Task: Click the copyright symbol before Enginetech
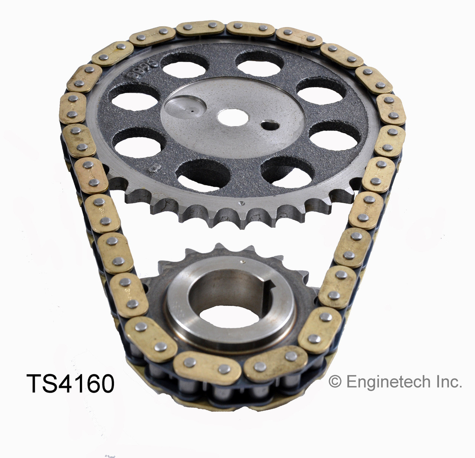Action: [x=335, y=382]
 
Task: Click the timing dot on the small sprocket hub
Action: [x=242, y=262]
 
